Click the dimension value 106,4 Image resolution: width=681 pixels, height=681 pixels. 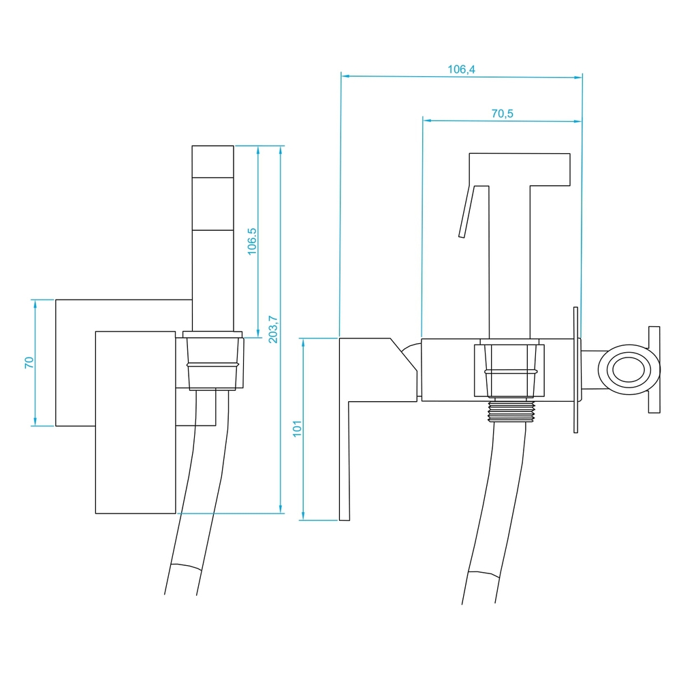point(461,69)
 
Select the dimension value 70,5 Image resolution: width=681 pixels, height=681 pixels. point(502,114)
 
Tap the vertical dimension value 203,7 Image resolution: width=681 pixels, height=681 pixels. point(273,329)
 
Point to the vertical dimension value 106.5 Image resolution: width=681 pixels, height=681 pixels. point(252,242)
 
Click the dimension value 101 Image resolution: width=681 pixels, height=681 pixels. point(297,428)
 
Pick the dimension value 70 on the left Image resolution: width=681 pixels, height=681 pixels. point(29,363)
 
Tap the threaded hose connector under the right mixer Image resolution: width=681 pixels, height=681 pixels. point(511,411)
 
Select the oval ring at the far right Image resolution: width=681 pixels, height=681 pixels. point(629,370)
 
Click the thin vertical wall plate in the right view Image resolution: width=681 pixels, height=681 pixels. point(576,370)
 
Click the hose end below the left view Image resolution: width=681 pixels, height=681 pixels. point(180,594)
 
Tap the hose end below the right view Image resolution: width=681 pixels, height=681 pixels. point(478,603)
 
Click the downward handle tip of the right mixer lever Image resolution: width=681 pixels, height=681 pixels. point(345,520)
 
